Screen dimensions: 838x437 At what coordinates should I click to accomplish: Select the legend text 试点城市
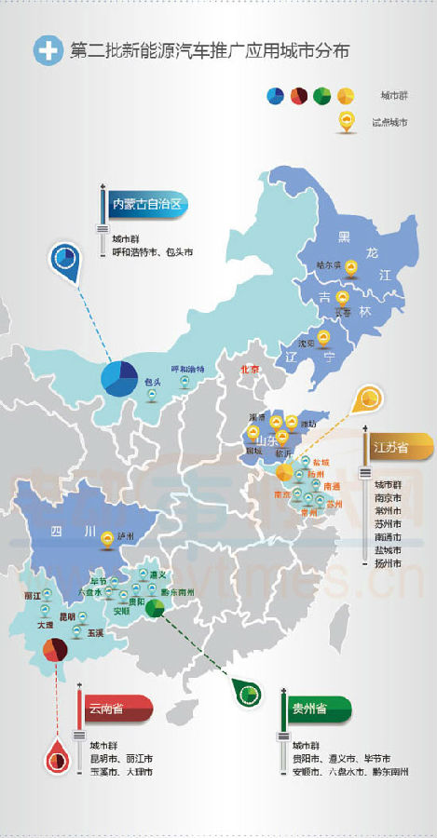click(x=389, y=122)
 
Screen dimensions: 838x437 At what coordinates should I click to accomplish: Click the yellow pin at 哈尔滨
click(x=350, y=269)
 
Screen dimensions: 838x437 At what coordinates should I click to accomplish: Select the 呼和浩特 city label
click(x=186, y=370)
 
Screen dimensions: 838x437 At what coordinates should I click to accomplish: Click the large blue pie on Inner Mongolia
click(x=121, y=380)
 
